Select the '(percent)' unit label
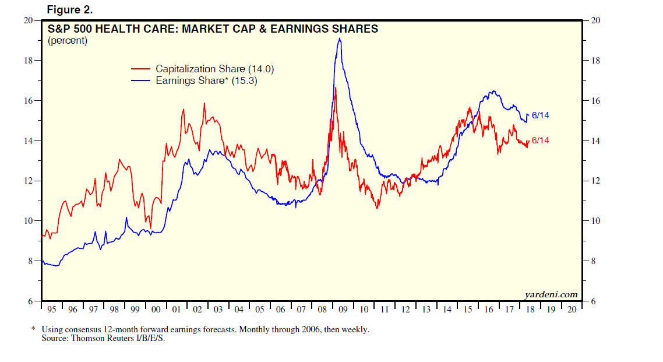[68, 41]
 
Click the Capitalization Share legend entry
[214, 69]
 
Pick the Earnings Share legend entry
[206, 81]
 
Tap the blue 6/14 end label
[540, 115]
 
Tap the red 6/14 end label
[540, 140]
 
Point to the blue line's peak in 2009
[339, 39]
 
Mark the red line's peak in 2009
[335, 88]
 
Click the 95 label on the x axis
[52, 309]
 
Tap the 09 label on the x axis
[343, 309]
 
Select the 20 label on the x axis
[572, 309]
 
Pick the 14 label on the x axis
[447, 309]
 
